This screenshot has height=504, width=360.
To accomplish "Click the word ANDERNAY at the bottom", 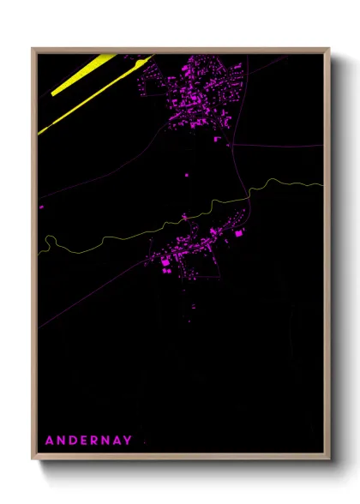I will tap(88, 441).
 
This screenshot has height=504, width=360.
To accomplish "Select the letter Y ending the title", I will tap(128, 441).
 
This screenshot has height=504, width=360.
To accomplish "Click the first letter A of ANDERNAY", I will tap(49, 441).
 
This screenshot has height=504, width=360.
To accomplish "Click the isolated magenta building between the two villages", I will tap(186, 175).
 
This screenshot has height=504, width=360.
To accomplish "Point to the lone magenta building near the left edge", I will tap(41, 207).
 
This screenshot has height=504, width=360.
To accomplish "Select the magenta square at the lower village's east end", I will tap(239, 232).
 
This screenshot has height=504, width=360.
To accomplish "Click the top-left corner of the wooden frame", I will tap(33, 49).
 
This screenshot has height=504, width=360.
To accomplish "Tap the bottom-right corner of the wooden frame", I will tap(329, 460).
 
